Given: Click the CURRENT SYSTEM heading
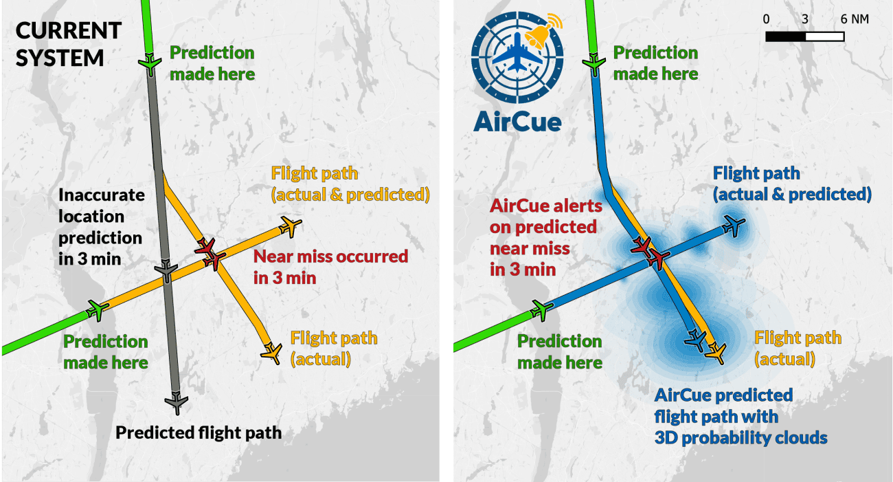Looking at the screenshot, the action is pos(69,44).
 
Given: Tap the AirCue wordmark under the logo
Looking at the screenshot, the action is pos(517,122).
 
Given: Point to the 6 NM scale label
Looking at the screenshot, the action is pos(855,19).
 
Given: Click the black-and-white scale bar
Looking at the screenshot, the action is pos(805,36).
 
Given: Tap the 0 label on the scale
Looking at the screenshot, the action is pos(766,19).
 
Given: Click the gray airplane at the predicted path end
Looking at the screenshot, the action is pos(177,402).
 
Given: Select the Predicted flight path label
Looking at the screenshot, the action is pos(199,432).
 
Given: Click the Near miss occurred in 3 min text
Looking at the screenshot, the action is pos(330,267).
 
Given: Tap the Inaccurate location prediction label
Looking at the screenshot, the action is pos(101,227).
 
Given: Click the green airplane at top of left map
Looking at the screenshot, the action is pos(150,64).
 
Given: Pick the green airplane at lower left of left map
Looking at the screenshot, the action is pos(98,310).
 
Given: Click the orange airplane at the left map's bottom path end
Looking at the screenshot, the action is pos(272,352).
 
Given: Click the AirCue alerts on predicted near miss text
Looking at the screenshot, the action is pos(546,237).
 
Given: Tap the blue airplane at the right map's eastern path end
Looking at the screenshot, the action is pos(734,226).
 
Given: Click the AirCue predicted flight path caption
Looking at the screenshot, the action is pos(741,417).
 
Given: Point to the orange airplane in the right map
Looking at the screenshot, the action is pos(716,352).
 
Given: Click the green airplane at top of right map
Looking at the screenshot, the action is pos(594,64).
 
